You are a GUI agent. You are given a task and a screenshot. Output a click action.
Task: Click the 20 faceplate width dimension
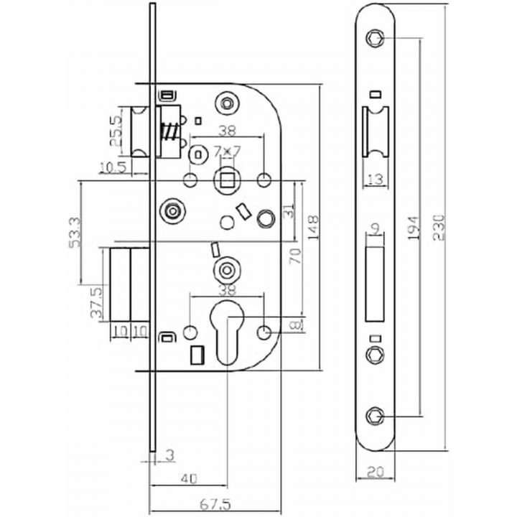(x=374, y=472)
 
